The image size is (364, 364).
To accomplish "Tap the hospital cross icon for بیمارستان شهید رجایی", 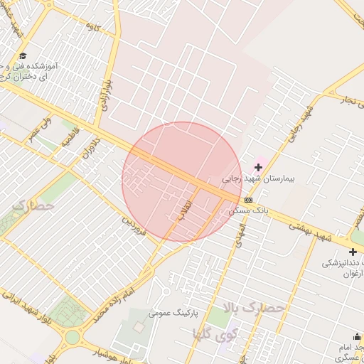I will point(258,167).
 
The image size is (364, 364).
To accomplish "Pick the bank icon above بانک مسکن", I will point(247,200).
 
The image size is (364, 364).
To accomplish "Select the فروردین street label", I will point(134,227).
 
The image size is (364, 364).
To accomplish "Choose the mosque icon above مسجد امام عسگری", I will point(357,337).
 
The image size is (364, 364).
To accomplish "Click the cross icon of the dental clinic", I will point(353,251).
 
